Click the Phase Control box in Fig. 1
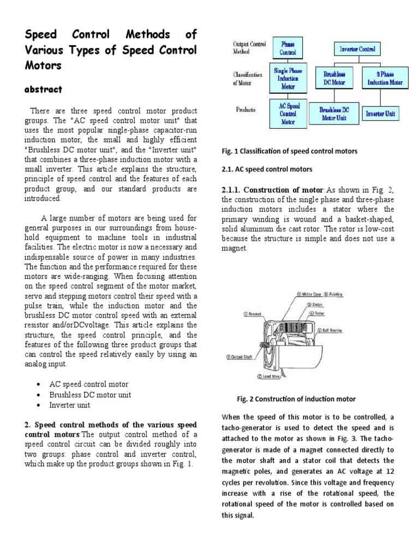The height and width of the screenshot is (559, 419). (288, 49)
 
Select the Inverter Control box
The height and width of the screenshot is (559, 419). (357, 49)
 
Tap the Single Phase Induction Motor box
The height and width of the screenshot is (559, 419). (288, 79)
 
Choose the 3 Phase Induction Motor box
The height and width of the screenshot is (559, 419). (385, 79)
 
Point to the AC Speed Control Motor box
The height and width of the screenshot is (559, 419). (288, 113)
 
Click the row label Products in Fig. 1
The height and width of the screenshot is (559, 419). (246, 109)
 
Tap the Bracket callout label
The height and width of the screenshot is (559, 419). (254, 314)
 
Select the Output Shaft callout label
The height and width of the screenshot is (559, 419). (241, 357)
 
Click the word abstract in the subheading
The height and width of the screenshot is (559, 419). (44, 89)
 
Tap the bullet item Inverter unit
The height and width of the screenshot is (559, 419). (70, 405)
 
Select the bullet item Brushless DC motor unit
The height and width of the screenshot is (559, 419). (90, 395)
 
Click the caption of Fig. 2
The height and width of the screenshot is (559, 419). (296, 399)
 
